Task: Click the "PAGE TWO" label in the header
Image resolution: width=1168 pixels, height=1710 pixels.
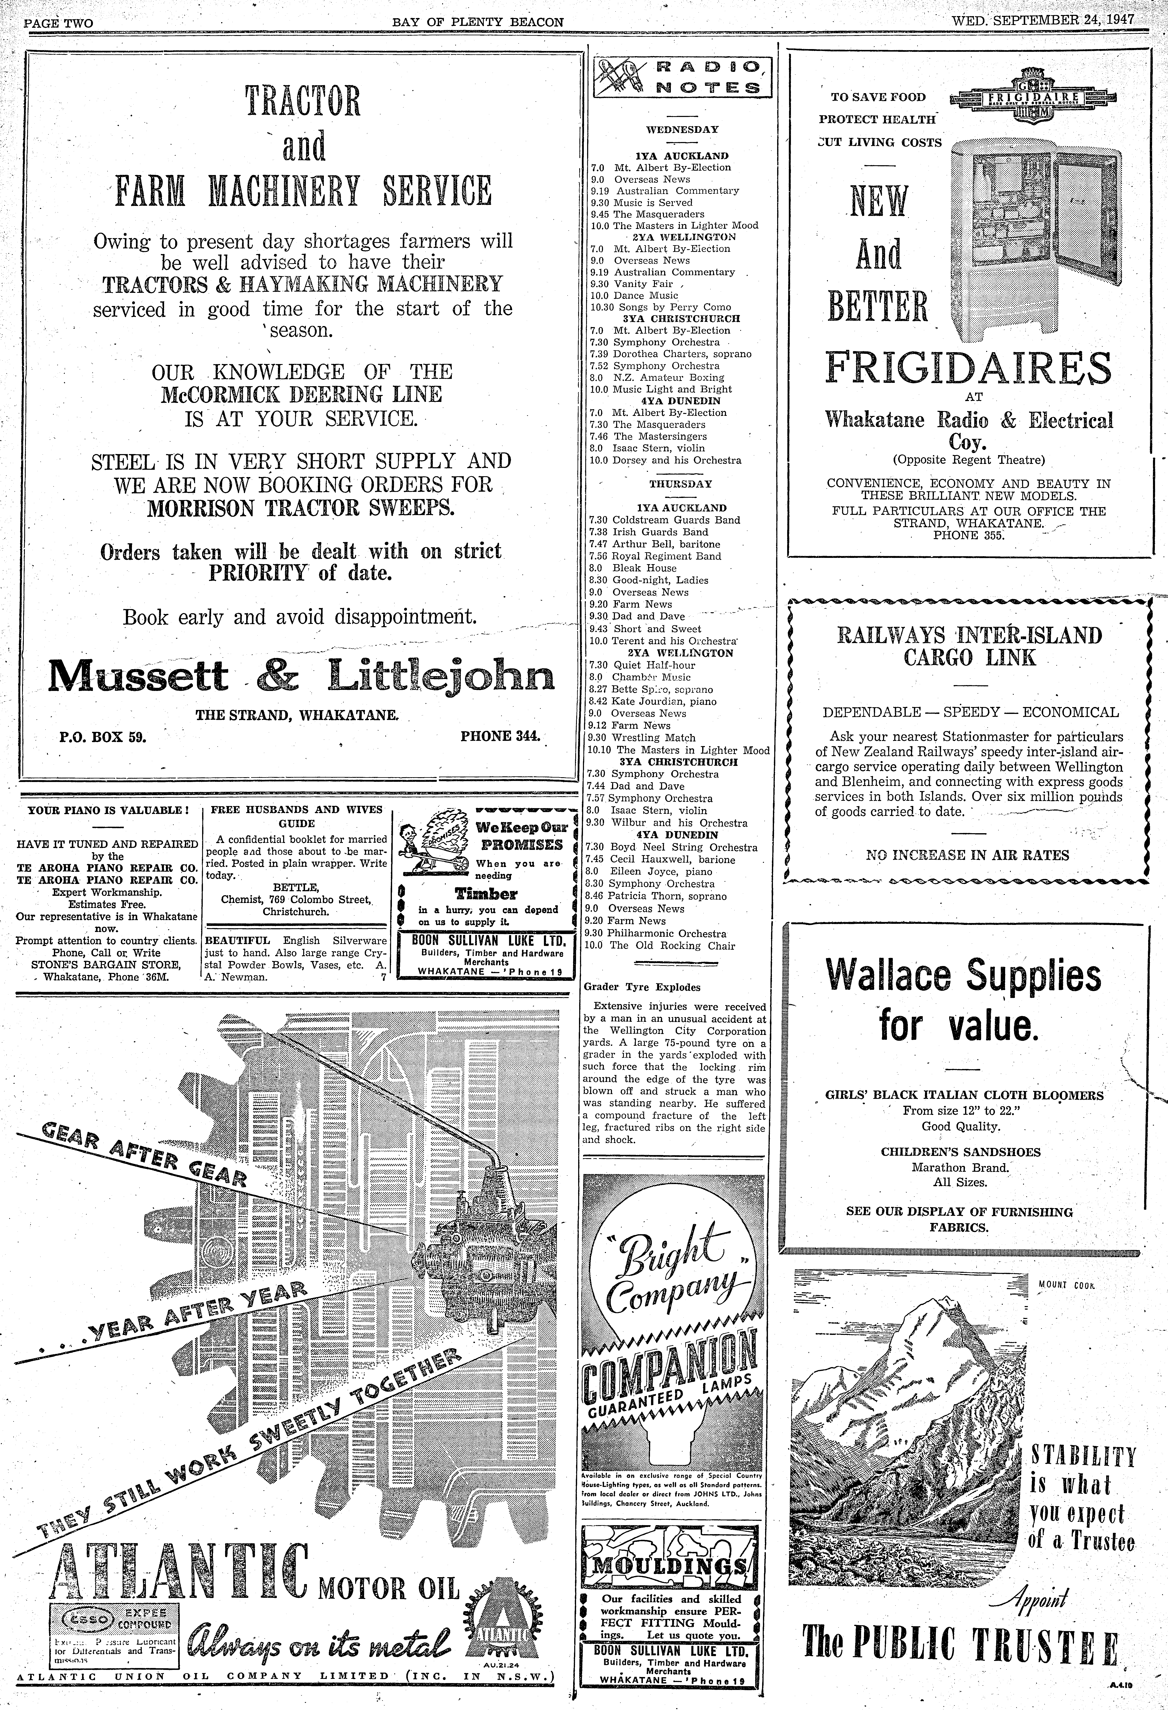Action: click(59, 23)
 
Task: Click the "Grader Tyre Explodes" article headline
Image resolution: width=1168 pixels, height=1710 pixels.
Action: click(641, 987)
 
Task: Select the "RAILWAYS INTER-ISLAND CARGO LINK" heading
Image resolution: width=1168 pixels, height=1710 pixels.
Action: click(969, 645)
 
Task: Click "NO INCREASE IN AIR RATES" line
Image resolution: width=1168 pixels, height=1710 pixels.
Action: click(967, 855)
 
